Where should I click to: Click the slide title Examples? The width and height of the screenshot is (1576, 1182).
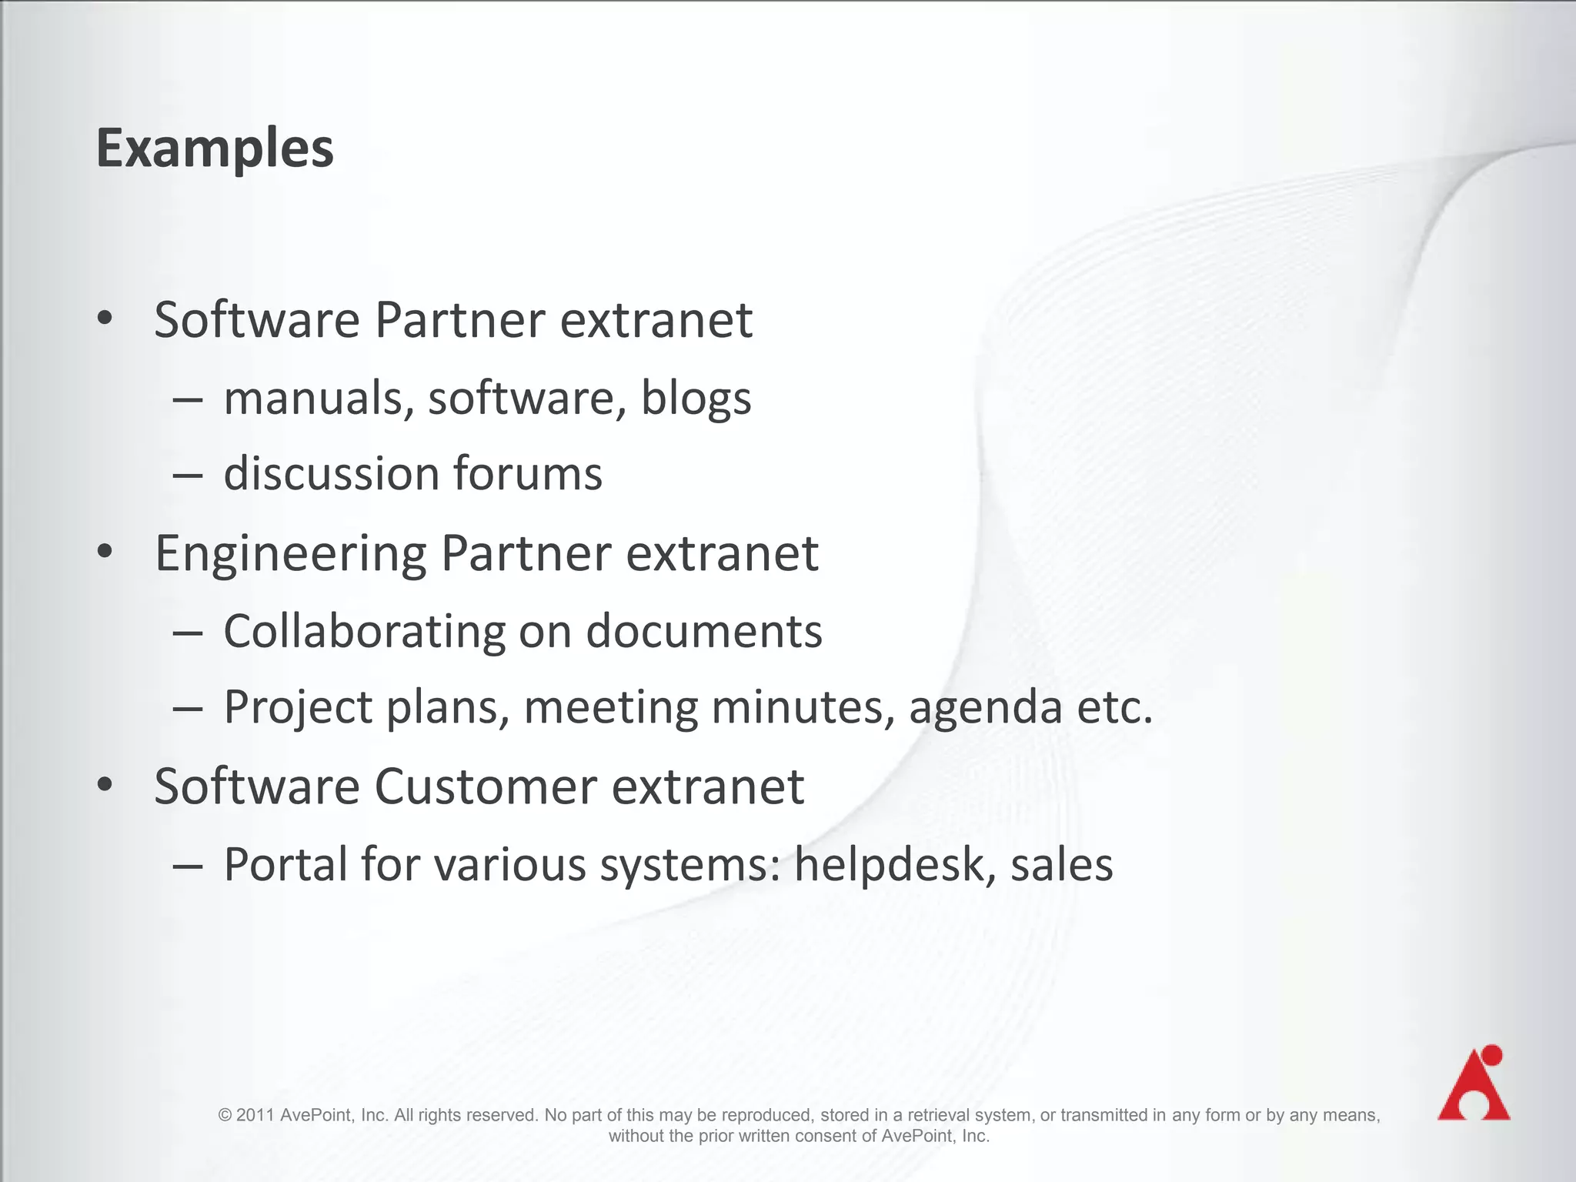click(x=215, y=148)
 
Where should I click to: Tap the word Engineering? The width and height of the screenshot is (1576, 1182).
click(x=290, y=554)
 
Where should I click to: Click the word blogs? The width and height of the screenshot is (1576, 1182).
click(x=696, y=399)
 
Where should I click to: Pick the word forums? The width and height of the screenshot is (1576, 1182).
click(x=528, y=473)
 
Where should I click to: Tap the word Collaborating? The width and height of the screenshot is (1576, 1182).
click(x=364, y=632)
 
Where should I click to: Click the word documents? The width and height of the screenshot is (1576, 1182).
click(x=704, y=632)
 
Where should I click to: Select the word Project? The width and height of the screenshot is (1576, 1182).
click(x=299, y=708)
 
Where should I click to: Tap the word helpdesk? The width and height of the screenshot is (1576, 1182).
click(x=888, y=864)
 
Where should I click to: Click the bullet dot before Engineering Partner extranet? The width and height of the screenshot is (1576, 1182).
click(x=105, y=552)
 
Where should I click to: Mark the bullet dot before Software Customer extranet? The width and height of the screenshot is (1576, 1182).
click(x=105, y=785)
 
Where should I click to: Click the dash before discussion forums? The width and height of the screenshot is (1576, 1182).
click(x=188, y=475)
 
